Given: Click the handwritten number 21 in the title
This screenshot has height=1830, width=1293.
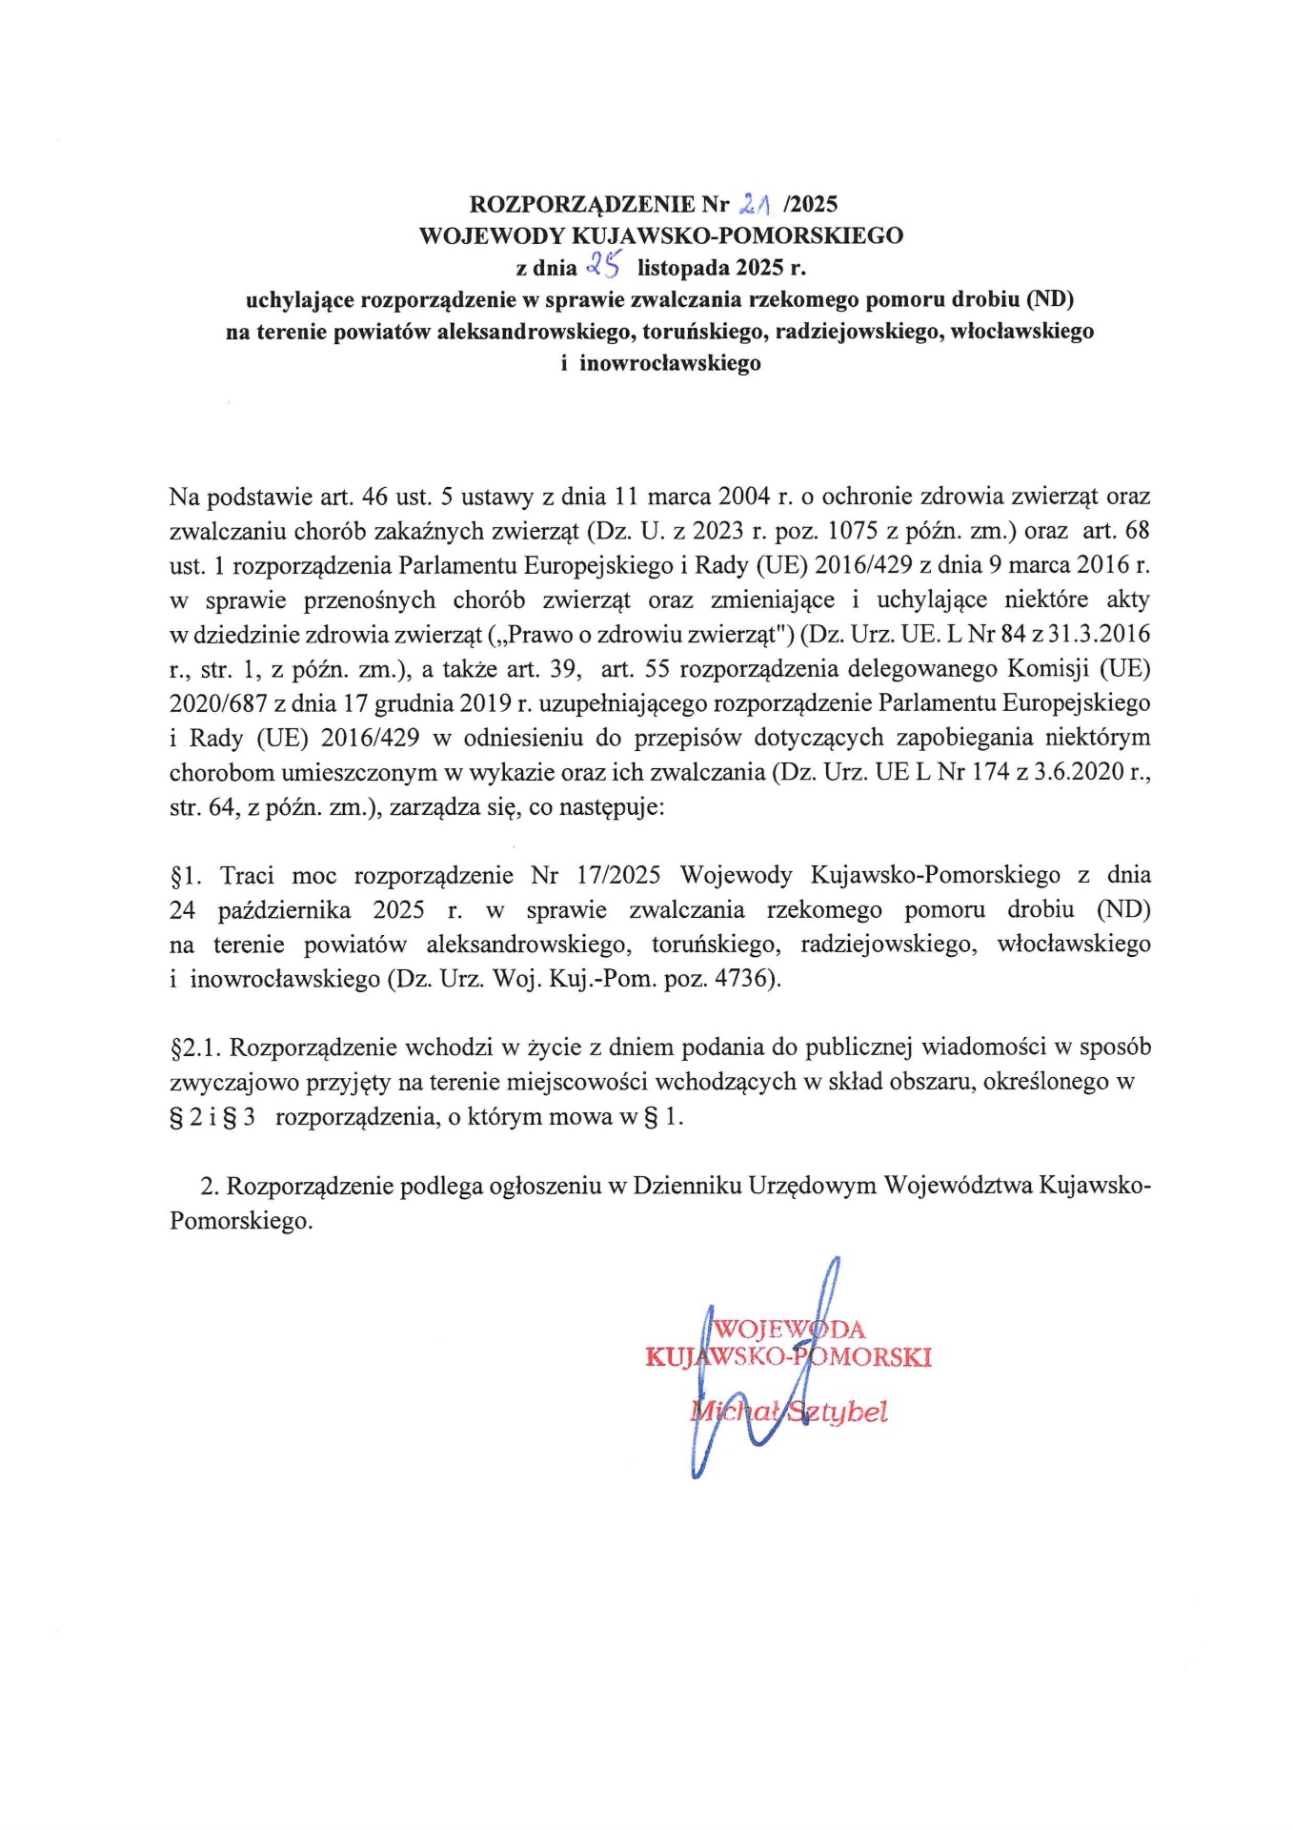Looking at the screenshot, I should pos(754,203).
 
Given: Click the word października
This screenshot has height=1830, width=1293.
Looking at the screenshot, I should pos(284,910).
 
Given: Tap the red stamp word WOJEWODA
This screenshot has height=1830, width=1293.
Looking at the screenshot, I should pos(790,1330).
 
